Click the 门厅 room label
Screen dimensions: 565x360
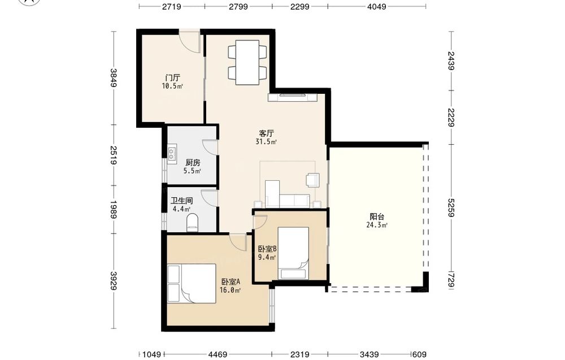(172, 77)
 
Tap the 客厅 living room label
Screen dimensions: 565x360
(266, 133)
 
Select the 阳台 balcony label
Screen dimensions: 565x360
(377, 216)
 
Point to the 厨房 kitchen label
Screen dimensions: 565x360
(193, 163)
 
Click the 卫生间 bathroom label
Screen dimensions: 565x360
(181, 201)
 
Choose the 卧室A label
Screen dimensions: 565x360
(231, 282)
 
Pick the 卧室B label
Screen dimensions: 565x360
(267, 249)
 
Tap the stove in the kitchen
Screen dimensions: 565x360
(172, 152)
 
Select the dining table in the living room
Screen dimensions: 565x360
(247, 63)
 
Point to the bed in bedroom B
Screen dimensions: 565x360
(293, 253)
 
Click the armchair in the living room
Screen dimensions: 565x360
(312, 180)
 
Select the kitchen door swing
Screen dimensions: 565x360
(210, 148)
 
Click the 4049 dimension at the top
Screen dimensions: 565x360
(376, 6)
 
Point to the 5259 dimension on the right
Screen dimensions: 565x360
(451, 207)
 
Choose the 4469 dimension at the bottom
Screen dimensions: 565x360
(218, 354)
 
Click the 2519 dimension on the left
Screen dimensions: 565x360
(114, 155)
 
